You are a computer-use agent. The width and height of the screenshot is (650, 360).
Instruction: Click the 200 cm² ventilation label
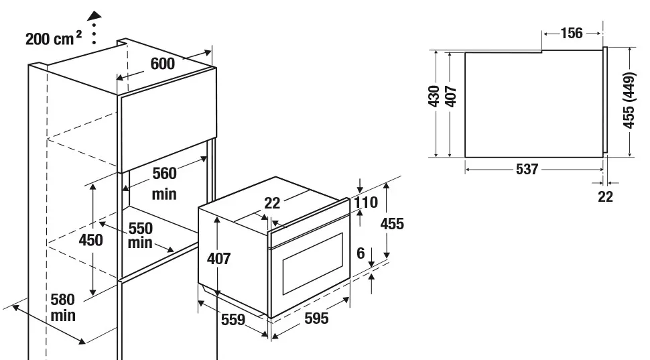pos(54,38)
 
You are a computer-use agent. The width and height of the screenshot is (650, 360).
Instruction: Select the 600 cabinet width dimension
pos(163,64)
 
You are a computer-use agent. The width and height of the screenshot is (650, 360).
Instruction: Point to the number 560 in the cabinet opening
pos(164,174)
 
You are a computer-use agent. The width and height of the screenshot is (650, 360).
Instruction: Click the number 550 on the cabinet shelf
pos(141,228)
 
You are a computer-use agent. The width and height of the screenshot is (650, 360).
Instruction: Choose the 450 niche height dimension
pos(91,239)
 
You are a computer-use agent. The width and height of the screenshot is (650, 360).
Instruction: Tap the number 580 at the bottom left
pos(62,299)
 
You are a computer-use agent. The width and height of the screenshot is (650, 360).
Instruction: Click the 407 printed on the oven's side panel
pos(218,258)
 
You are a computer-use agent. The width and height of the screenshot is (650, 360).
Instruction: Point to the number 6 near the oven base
pos(361,253)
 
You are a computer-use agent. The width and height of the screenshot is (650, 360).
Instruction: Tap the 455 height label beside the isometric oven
pos(392,223)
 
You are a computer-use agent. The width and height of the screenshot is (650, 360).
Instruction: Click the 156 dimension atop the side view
pos(572,33)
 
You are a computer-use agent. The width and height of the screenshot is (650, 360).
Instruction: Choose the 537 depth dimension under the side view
pos(527,170)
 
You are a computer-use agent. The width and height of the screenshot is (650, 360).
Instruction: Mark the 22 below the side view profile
pos(605,196)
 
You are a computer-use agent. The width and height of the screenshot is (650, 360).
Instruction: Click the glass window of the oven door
pos(313,263)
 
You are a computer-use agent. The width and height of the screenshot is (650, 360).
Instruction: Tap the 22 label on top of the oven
pos(272,204)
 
